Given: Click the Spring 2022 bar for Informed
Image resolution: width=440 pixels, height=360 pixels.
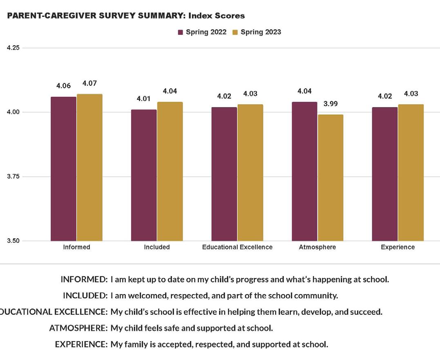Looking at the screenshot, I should tap(63, 169).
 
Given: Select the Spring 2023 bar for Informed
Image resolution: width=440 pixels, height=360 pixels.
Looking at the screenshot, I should tap(89, 168).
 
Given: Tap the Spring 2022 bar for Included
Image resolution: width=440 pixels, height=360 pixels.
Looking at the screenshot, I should tap(144, 175).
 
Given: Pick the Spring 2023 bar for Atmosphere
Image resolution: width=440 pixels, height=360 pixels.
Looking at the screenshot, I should tap(331, 178).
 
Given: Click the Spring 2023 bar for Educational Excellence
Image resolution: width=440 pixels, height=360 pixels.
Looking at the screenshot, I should tap(250, 172).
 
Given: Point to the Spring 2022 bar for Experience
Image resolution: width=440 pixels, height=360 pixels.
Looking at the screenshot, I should tap(384, 174).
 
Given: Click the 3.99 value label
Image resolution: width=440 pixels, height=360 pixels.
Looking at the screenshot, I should tap(331, 104).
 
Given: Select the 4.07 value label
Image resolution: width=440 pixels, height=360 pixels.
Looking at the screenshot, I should tap(89, 83).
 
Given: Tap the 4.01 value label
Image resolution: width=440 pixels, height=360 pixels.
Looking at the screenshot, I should tap(144, 99).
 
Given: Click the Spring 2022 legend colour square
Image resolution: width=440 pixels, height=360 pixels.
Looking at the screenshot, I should tap(181, 32).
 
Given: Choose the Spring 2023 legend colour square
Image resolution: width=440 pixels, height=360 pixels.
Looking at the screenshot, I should tap(235, 32).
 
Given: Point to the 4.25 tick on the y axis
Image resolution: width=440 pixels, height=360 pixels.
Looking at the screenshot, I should tap(13, 47).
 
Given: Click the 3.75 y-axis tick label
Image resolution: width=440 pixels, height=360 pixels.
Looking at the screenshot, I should tap(13, 177).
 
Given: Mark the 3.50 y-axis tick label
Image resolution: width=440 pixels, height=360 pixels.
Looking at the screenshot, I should tap(13, 241).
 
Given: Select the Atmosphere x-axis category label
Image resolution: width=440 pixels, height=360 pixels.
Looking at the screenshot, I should tap(317, 247).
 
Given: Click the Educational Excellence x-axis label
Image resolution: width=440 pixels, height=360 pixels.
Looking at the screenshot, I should tap(237, 247).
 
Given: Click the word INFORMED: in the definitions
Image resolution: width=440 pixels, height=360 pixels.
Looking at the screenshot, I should tap(84, 280).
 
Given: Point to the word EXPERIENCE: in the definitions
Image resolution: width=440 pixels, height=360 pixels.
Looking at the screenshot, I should tap(81, 344).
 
